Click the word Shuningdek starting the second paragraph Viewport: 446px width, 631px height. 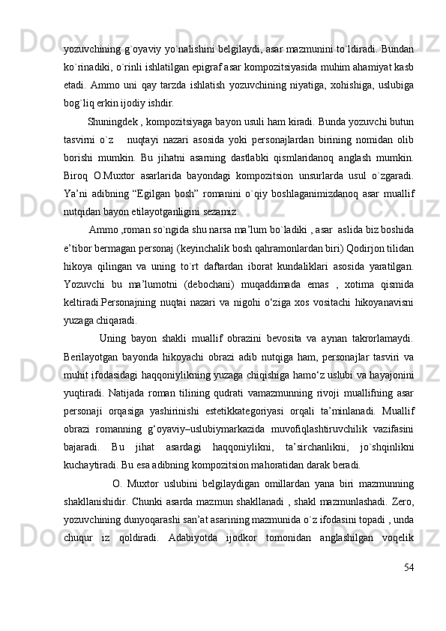pos(112,119)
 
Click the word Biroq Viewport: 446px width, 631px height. pos(79,178)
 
